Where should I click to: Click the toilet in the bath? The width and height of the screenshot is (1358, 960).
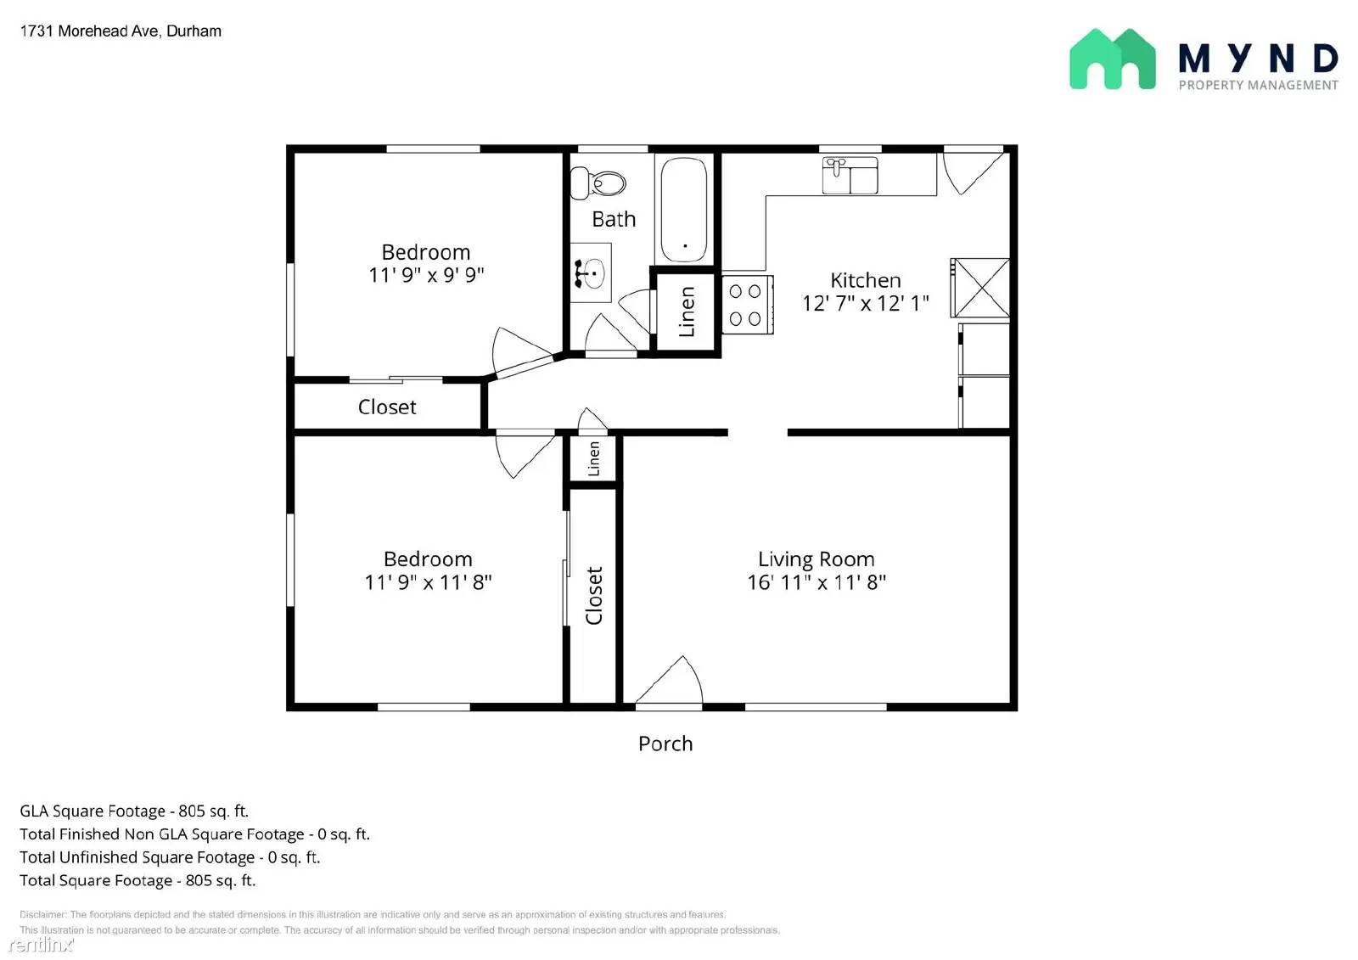[x=599, y=182]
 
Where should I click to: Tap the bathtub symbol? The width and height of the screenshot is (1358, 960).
[x=683, y=210]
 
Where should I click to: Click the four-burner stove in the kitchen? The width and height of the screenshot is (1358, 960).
[x=746, y=305]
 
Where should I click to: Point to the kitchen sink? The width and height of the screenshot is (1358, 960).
[x=850, y=175]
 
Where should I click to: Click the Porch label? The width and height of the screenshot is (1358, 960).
[x=665, y=744]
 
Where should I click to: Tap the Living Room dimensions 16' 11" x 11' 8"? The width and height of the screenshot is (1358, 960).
[x=816, y=582]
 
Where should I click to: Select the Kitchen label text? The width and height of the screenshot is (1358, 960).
[x=865, y=280]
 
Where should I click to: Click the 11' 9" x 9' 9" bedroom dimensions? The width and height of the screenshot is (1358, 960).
[x=426, y=275]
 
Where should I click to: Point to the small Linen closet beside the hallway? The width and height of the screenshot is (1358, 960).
[x=594, y=459]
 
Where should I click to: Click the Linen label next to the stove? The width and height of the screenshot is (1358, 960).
[x=687, y=312]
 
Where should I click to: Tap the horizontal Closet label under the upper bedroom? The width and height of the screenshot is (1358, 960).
[x=387, y=407]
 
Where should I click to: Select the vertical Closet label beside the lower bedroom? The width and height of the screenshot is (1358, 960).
[x=594, y=596]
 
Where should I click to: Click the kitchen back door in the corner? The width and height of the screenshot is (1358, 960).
[x=971, y=171]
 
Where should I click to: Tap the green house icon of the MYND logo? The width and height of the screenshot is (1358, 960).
[x=1112, y=59]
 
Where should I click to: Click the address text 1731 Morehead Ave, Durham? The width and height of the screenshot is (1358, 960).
[x=121, y=31]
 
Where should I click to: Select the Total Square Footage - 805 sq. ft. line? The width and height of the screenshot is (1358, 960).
[x=137, y=880]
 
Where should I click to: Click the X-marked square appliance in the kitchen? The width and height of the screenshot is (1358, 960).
[x=980, y=289]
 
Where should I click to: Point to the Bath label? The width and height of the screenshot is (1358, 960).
[x=614, y=219]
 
